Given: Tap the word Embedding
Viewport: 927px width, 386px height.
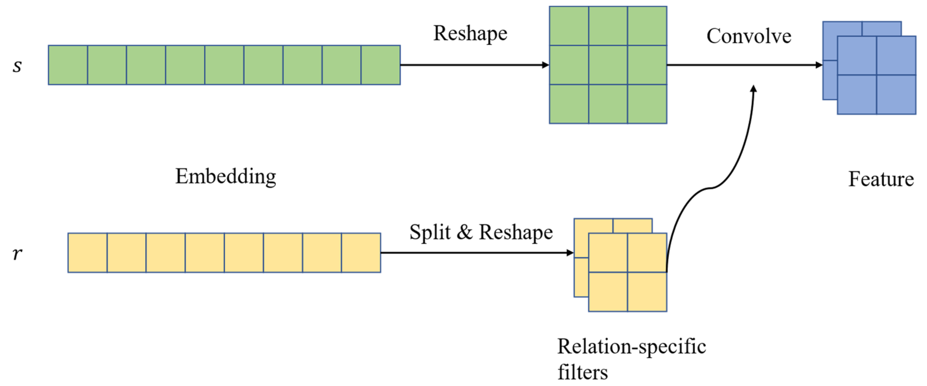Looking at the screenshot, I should pos(226,176).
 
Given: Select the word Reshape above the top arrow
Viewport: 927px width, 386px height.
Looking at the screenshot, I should pos(470,33).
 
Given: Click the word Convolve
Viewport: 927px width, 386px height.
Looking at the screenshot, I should pos(749,36).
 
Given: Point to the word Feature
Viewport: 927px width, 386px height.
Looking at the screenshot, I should pos(881,179).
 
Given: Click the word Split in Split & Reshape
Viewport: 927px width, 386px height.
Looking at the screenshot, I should pos(430,232).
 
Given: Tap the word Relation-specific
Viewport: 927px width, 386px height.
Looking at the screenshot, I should pos(632,347).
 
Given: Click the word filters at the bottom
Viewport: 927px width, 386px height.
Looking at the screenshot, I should pos(583,372).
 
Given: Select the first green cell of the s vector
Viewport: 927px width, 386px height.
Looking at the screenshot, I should pos(68,65).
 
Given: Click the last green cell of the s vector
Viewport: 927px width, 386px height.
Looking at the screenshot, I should pos(380,65).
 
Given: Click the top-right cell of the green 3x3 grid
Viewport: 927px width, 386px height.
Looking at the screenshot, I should pos(647,26).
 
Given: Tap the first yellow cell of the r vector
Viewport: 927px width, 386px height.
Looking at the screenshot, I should pos(87,253).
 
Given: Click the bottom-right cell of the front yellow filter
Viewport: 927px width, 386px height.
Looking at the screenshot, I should pos(647,292).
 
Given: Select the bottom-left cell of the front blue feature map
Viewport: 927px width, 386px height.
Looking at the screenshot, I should pos(857,94).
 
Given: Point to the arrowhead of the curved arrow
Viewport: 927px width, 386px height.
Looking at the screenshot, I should pos(754,88).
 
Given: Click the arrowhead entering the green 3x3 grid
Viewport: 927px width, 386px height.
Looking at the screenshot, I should pos(545,65).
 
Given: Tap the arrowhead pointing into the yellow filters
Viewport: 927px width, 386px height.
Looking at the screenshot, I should pos(570,253).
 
